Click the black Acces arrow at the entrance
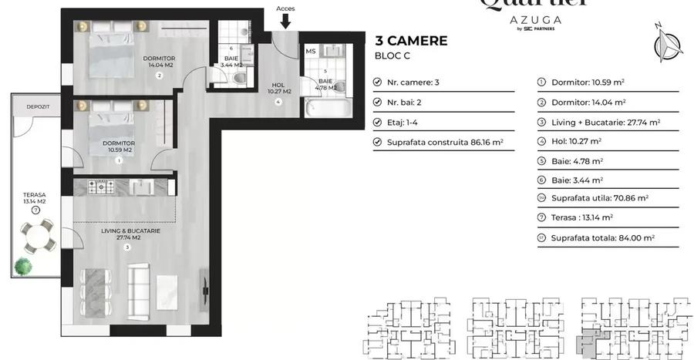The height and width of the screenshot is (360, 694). pyautogui.click(x=285, y=22)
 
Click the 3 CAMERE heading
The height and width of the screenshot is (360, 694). pyautogui.click(x=410, y=41)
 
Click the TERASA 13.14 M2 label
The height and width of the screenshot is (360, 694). pyautogui.click(x=35, y=200)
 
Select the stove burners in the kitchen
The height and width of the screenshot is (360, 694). pyautogui.click(x=103, y=186)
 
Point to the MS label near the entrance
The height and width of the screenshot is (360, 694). pyautogui.click(x=311, y=52)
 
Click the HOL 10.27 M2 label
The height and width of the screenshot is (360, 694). pyautogui.click(x=279, y=89)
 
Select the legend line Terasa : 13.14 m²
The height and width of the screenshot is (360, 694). pyautogui.click(x=582, y=217)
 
